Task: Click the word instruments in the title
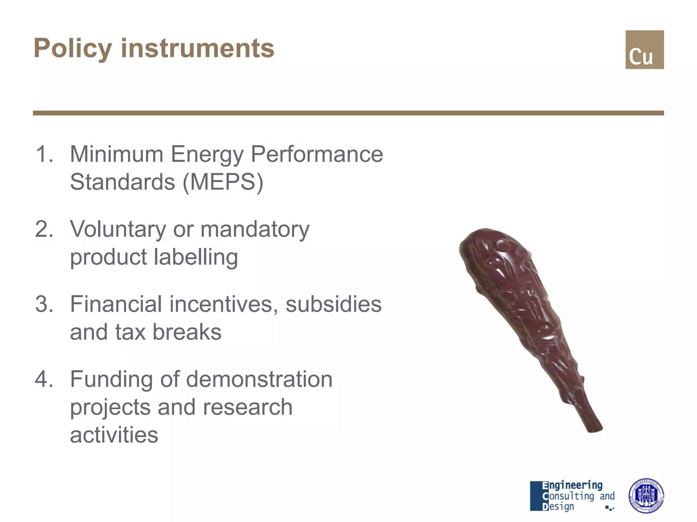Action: coord(197,49)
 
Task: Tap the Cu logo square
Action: coord(644,50)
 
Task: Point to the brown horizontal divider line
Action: coord(348,113)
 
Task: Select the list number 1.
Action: coord(44,154)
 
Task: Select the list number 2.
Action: coord(44,229)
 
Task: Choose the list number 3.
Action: coord(44,304)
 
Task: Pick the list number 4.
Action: coord(44,379)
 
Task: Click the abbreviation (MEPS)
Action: coord(223,182)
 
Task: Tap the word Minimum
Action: coord(117,154)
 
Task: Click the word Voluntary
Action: coord(118,230)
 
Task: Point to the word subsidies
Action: coord(333,304)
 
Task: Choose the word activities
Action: coord(114,435)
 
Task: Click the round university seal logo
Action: coord(646,495)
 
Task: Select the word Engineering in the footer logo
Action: coord(572,485)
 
